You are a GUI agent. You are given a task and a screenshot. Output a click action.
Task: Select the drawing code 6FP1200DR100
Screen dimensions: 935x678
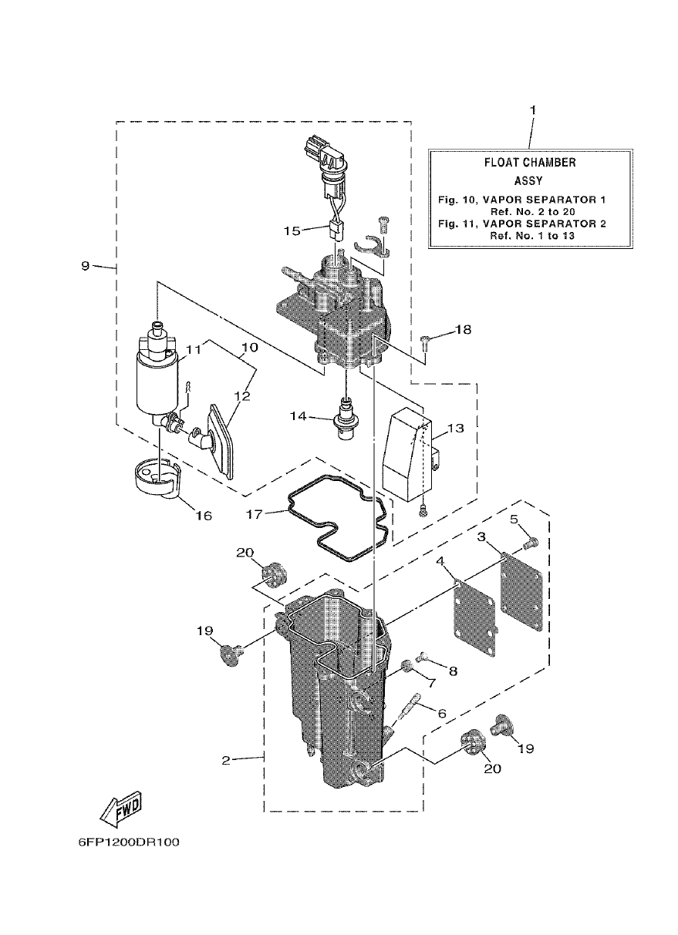click(x=129, y=842)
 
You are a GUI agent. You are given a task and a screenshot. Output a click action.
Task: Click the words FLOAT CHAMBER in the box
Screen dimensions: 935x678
click(x=529, y=163)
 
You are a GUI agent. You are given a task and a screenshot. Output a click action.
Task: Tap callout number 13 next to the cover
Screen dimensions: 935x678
click(x=454, y=429)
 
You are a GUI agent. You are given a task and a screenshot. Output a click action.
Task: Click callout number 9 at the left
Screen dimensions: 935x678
click(x=86, y=266)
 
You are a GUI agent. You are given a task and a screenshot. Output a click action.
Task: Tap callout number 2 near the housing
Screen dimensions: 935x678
click(x=225, y=760)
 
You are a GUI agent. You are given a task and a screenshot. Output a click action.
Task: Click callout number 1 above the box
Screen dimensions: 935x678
click(x=531, y=110)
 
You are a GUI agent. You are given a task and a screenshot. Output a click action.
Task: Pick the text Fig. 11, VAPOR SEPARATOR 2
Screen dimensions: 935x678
click(x=521, y=224)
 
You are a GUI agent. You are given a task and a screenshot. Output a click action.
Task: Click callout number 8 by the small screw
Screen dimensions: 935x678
click(x=453, y=671)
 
